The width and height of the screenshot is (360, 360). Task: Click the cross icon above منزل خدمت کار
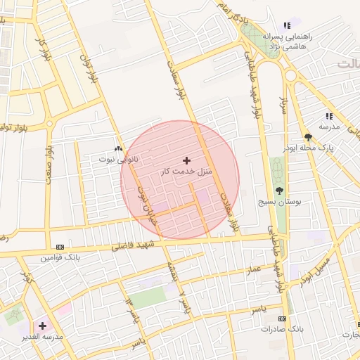(x=186, y=161)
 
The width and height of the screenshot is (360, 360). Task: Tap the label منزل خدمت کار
(x=186, y=172)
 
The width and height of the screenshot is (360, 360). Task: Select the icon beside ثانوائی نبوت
(x=118, y=149)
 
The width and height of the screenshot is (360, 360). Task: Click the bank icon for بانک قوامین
(x=60, y=247)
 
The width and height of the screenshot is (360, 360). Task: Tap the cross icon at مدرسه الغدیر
(x=43, y=326)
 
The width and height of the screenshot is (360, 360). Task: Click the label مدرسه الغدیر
(x=44, y=336)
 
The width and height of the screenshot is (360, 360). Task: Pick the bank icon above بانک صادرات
(x=282, y=319)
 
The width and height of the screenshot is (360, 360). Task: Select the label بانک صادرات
(x=281, y=329)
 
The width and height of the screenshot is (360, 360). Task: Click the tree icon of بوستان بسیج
(x=281, y=191)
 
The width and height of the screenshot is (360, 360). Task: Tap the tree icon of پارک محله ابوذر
(x=308, y=138)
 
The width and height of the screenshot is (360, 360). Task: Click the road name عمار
(x=253, y=269)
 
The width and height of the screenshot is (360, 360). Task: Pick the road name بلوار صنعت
(x=49, y=165)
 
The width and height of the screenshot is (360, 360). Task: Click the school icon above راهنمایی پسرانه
(x=286, y=26)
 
